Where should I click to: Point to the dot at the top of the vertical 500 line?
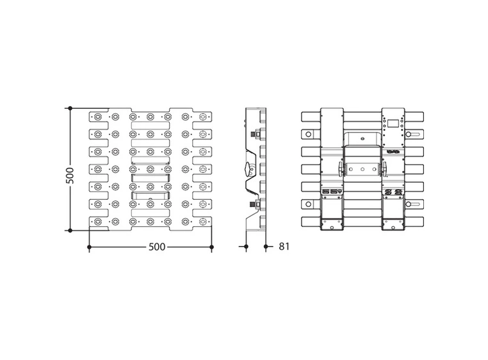[x=70, y=108]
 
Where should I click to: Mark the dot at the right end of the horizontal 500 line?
[x=212, y=246]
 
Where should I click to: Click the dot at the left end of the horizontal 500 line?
[x=88, y=246]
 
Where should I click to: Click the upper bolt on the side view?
[x=256, y=135]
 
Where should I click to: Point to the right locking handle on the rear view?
[x=385, y=168]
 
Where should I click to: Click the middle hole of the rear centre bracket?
[x=362, y=170]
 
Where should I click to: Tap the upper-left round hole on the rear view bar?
[x=309, y=135]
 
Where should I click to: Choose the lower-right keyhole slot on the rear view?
[x=413, y=204]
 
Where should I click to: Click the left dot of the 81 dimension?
[x=247, y=246]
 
